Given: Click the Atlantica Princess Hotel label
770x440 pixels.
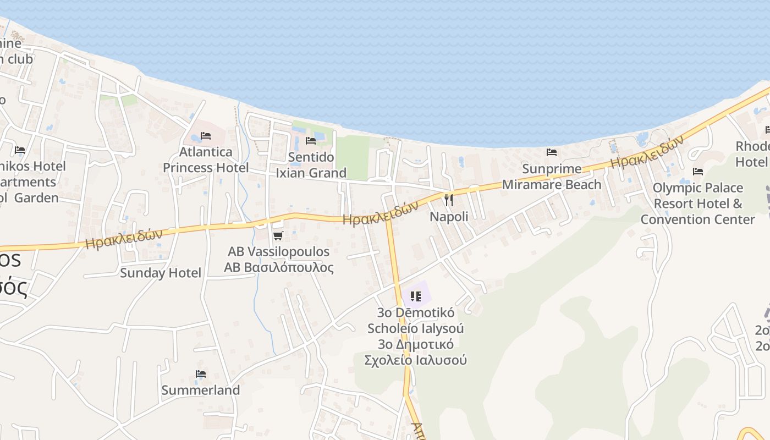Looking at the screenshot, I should [206, 159].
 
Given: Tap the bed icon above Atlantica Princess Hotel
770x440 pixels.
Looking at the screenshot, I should [206, 135].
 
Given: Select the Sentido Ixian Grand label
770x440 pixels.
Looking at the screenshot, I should [311, 165].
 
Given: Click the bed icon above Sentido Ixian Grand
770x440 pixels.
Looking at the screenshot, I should [311, 140].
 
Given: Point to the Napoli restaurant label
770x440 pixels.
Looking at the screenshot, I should [449, 217].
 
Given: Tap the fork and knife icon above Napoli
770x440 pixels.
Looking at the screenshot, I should [449, 200].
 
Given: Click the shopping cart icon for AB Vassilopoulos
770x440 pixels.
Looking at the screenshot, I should [278, 235].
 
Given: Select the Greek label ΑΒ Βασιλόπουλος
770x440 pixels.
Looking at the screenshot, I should [279, 268].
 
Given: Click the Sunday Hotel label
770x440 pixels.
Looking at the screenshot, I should [161, 273].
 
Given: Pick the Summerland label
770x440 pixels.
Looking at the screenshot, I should [201, 391].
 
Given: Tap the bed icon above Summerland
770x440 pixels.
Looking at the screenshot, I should [201, 374].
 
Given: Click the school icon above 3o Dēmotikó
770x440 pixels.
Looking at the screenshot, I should [416, 296].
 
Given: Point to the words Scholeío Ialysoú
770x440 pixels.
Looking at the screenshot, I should [416, 329].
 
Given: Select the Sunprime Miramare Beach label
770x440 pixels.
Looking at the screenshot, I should [552, 177].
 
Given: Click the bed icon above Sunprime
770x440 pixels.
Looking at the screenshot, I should [552, 152].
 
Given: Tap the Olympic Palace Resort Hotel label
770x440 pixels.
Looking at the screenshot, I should [697, 196].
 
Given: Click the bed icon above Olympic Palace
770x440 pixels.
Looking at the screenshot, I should [698, 172].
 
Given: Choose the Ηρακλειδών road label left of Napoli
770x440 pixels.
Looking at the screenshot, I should [381, 213].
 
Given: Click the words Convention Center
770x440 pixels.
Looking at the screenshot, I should [697, 219].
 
